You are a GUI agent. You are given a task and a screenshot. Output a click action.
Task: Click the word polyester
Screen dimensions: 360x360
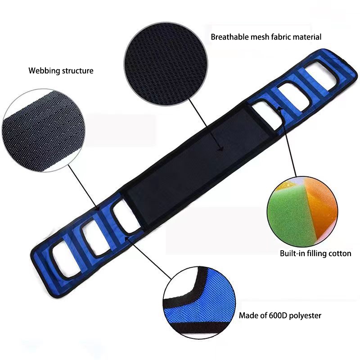pos(306,315)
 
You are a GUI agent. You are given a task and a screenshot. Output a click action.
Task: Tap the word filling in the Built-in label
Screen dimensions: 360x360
pos(316,253)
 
